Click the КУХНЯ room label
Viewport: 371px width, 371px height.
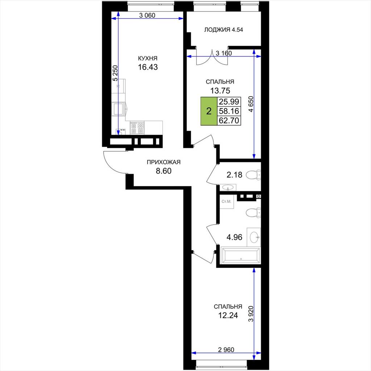click(x=148, y=58)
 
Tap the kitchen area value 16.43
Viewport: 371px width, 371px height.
click(x=148, y=67)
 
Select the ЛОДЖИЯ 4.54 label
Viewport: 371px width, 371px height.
click(x=224, y=30)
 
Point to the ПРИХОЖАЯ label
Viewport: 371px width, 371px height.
click(x=163, y=162)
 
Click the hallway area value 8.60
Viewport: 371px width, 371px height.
click(x=163, y=171)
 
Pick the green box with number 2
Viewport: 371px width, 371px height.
click(x=209, y=111)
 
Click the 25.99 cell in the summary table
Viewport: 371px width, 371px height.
click(x=229, y=102)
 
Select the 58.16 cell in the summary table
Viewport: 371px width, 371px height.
click(x=229, y=111)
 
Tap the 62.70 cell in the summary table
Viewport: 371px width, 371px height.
click(x=229, y=120)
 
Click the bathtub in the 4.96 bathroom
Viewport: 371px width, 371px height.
click(x=240, y=256)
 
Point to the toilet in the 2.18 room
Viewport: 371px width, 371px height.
click(x=253, y=175)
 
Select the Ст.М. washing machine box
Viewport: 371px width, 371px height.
click(x=227, y=202)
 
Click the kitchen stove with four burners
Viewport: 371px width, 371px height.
click(x=137, y=128)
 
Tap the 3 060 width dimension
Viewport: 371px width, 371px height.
click(x=147, y=16)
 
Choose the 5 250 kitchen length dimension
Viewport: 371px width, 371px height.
click(x=115, y=73)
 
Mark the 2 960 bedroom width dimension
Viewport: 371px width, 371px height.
click(x=226, y=350)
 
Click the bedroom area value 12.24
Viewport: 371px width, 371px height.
click(x=228, y=316)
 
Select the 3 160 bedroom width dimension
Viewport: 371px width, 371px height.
click(x=224, y=53)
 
